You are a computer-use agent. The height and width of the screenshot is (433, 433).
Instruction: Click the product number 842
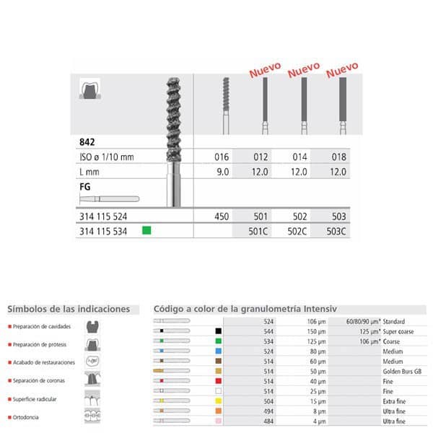click(88, 144)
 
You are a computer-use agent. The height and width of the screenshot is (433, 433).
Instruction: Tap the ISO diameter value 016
click(222, 157)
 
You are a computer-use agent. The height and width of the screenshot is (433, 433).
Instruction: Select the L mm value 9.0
click(222, 172)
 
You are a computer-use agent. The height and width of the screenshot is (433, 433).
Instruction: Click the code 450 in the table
click(222, 216)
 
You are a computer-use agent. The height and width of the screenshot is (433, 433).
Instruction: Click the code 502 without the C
click(299, 216)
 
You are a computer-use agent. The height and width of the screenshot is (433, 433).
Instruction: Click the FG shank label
click(86, 185)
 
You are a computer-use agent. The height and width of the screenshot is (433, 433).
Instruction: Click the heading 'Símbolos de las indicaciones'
click(69, 309)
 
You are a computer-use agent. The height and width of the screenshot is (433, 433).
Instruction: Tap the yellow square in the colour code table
click(217, 400)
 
